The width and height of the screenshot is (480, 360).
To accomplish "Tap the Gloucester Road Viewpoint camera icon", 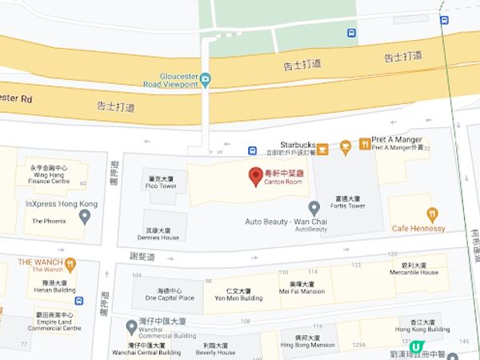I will click(x=206, y=78).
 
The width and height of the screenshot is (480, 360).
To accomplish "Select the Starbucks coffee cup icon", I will click(x=322, y=147).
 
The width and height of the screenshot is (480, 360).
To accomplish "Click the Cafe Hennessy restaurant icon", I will click(x=432, y=214).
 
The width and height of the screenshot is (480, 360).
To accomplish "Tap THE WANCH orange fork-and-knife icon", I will click(x=71, y=262).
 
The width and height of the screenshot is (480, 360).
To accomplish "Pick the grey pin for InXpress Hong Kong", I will click(x=85, y=215).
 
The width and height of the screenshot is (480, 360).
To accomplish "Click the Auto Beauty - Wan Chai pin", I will click(x=314, y=207).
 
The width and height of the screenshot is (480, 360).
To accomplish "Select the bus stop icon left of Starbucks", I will click(x=252, y=150).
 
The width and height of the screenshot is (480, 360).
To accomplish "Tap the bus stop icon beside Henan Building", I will click(x=78, y=301).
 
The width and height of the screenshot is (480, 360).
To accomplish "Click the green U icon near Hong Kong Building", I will click(x=415, y=346).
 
